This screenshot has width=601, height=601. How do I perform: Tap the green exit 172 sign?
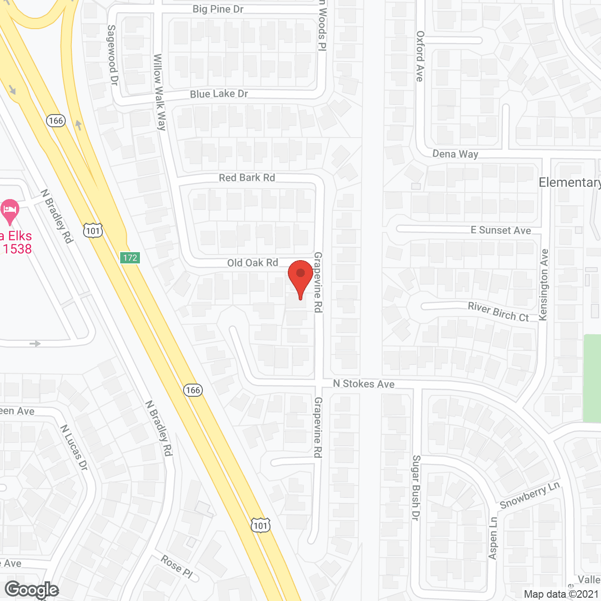tap(130, 258)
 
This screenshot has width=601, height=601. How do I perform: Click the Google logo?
tap(32, 590)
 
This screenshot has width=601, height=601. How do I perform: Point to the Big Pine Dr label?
tap(218, 9)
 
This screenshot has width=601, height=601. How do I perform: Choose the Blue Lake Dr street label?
tap(219, 94)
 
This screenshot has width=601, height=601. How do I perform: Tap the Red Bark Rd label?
tap(247, 177)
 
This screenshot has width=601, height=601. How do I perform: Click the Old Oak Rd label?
tap(253, 263)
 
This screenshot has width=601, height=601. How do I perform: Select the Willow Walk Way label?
tap(160, 92)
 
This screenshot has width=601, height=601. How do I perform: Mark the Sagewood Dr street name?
tap(112, 55)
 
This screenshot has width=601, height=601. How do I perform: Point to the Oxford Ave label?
tap(420, 56)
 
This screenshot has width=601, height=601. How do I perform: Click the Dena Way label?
tap(455, 154)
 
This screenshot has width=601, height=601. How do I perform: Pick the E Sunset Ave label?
tap(501, 230)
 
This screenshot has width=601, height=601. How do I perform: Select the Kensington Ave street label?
tap(544, 285)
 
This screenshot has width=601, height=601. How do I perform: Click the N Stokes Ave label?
tap(364, 384)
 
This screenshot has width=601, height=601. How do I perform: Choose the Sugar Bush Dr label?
tap(416, 487)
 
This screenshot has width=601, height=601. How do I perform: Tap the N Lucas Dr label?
tap(74, 447)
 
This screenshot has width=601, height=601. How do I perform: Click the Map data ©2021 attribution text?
tap(562, 594)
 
